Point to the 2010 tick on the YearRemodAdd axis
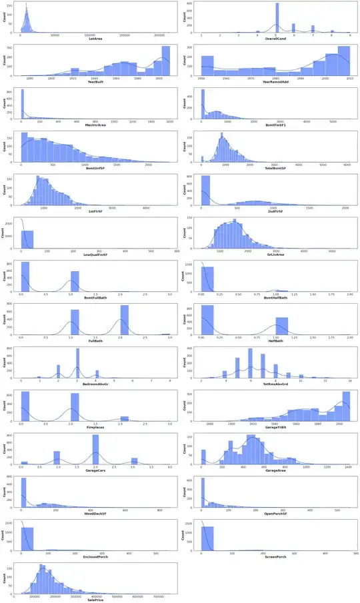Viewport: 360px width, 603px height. [346, 78]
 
